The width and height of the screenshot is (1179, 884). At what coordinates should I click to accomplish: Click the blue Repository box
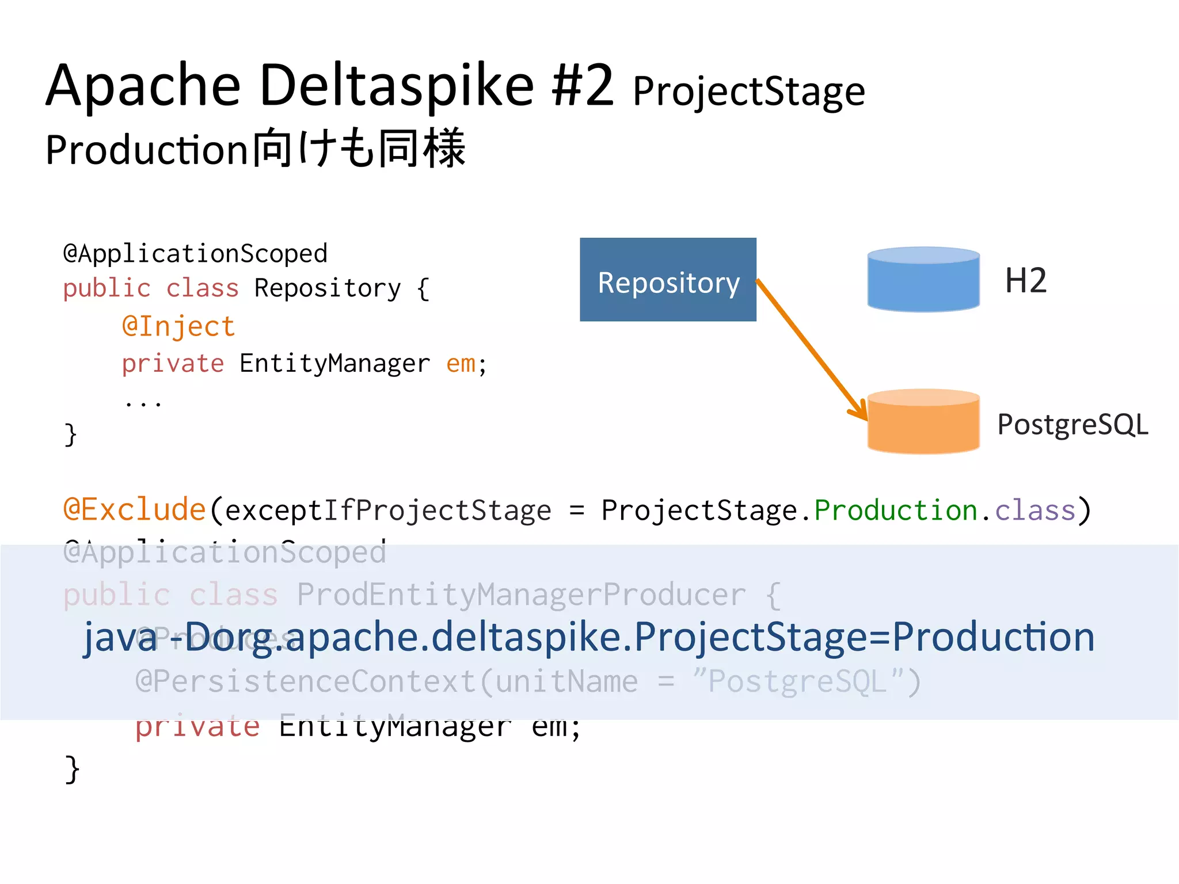click(x=668, y=280)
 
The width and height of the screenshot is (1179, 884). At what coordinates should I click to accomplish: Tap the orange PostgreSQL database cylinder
click(x=923, y=423)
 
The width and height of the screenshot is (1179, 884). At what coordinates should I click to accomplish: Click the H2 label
click(x=1025, y=281)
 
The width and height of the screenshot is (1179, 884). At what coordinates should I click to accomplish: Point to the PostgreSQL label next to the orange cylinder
click(x=1072, y=425)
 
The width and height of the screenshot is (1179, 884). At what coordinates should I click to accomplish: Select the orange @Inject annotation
click(x=178, y=326)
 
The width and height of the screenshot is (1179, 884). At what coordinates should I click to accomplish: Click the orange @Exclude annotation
click(x=135, y=510)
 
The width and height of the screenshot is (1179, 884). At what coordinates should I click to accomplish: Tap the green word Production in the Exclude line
click(x=896, y=510)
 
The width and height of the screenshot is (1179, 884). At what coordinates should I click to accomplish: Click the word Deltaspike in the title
click(x=397, y=86)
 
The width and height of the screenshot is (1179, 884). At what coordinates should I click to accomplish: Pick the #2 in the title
click(x=583, y=86)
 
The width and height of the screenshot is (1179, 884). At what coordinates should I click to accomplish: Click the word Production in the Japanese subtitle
click(x=147, y=150)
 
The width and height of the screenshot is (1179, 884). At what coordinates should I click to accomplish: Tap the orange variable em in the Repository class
click(x=461, y=364)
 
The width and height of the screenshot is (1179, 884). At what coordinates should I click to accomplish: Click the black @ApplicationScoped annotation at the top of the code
click(x=195, y=254)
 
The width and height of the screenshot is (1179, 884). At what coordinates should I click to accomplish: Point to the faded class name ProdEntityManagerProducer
click(x=521, y=595)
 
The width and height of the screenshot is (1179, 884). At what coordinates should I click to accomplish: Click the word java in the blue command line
click(x=120, y=638)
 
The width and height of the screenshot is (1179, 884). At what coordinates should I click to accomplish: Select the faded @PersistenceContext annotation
click(x=305, y=681)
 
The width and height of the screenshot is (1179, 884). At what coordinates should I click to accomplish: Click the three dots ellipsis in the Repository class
click(x=143, y=403)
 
